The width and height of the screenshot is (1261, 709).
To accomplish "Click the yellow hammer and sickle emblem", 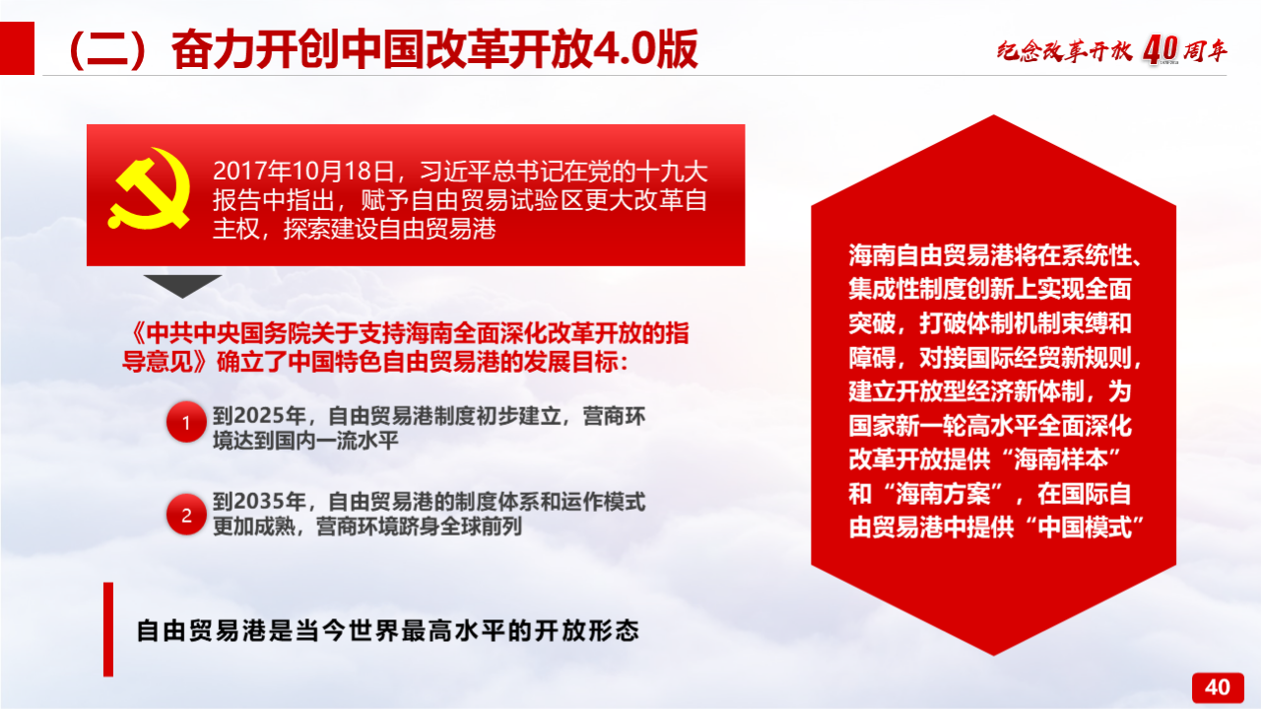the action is point(149,188).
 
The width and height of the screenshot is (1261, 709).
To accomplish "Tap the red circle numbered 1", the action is point(186,422).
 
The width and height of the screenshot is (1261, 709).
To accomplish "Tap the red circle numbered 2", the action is point(186,515).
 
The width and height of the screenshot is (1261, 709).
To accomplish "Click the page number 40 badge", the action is point(1218,687).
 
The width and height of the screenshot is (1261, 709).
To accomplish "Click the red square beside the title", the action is point(17,48).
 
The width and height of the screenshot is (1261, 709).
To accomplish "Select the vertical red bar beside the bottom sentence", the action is point(108,629).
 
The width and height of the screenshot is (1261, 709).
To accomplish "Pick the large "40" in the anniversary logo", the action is point(1161,50).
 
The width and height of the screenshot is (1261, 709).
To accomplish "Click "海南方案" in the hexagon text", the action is point(943,494).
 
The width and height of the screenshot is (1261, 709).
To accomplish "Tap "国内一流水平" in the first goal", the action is point(336,440).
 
